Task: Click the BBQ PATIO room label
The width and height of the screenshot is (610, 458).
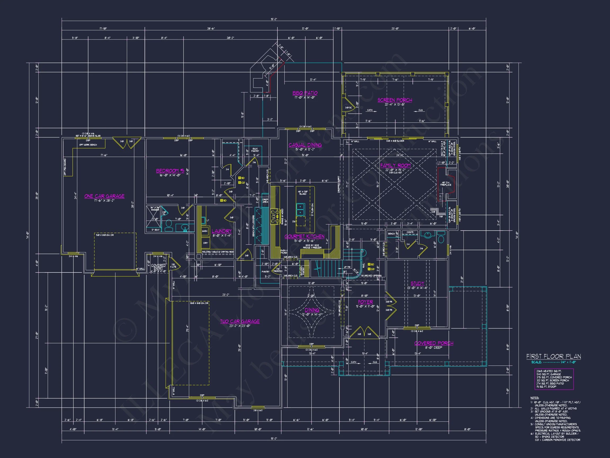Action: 305,93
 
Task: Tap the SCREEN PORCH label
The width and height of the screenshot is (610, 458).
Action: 395,100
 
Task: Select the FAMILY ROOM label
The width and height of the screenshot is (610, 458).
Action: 396,166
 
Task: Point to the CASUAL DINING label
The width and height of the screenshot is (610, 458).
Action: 305,145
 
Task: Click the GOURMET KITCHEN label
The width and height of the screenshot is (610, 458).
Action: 304,236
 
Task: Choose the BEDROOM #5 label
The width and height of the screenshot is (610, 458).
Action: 170,171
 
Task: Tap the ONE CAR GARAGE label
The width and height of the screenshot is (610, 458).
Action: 104,196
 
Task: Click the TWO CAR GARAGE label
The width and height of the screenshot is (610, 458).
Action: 240,321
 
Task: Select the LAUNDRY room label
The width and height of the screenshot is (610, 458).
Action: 222,231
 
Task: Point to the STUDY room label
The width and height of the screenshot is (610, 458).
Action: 417,284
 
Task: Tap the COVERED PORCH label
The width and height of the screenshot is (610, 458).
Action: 433,343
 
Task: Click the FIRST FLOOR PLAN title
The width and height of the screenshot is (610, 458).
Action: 553,356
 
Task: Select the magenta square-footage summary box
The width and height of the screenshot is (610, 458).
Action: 554,379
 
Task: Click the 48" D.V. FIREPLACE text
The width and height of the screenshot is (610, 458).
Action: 446,184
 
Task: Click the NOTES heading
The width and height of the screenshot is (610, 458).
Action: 535,398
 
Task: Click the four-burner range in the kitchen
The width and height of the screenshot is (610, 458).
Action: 275,217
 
